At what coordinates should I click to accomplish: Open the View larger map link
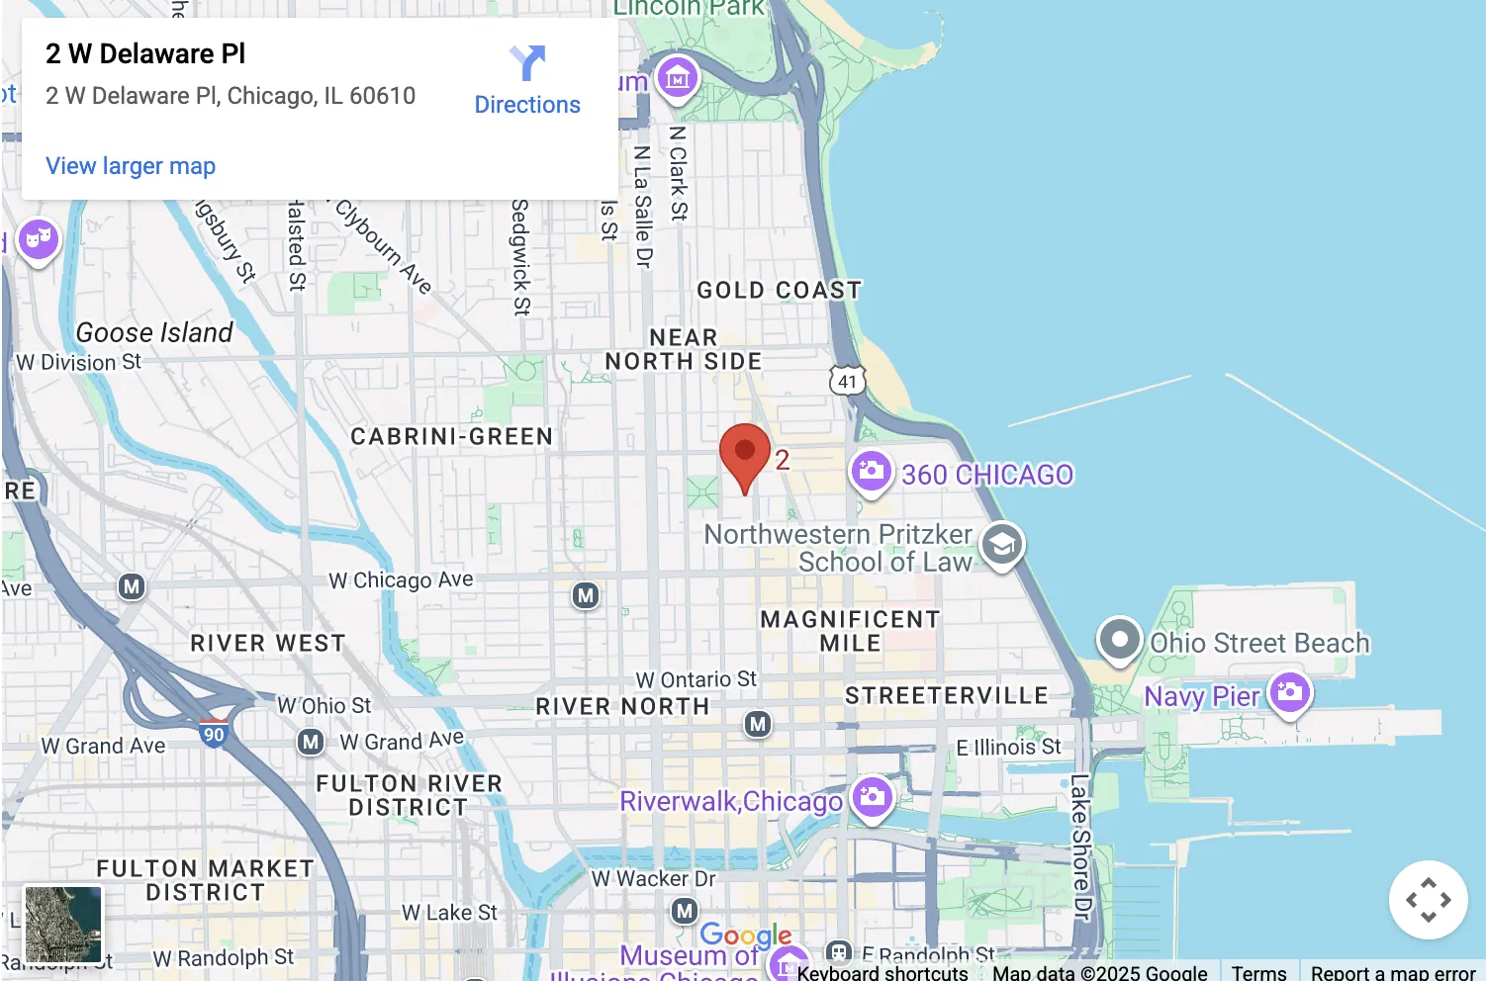tap(131, 166)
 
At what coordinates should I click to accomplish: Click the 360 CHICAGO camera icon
tap(871, 471)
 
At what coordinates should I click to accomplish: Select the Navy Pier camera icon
tap(1290, 691)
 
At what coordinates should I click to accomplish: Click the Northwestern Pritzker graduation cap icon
tap(1002, 544)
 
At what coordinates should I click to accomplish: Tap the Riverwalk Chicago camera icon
tap(872, 796)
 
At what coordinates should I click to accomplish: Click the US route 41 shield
tap(847, 381)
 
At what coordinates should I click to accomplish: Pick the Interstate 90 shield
tap(214, 734)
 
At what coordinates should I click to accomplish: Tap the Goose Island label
tap(154, 332)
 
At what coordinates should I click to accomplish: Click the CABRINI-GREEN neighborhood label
tap(451, 436)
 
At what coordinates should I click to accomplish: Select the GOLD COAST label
tap(779, 290)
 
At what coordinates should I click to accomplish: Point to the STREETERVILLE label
tap(946, 695)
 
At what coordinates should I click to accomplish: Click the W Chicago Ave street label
tap(401, 580)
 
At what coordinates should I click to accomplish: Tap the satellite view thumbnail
tap(63, 924)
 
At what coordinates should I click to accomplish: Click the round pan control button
tap(1428, 900)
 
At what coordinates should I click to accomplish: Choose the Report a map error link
tap(1392, 972)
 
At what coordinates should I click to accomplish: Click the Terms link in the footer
tap(1258, 972)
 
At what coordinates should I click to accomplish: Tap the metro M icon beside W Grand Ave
tap(311, 741)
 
